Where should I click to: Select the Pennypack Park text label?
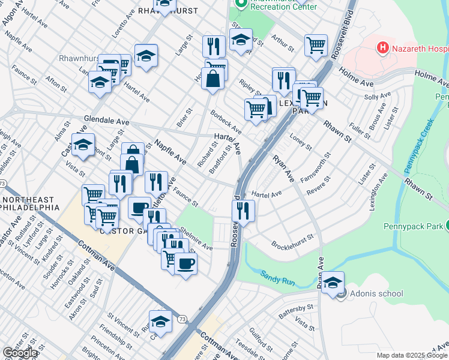[x=412, y=227]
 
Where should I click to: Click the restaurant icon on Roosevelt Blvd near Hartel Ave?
[x=243, y=211]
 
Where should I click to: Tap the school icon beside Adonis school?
[x=333, y=283]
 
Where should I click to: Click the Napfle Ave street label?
[x=170, y=152]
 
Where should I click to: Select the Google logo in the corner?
[x=20, y=353]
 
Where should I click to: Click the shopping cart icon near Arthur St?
[x=316, y=44]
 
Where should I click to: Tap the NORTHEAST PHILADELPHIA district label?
[x=30, y=203]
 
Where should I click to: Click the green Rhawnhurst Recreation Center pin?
[x=241, y=4]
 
